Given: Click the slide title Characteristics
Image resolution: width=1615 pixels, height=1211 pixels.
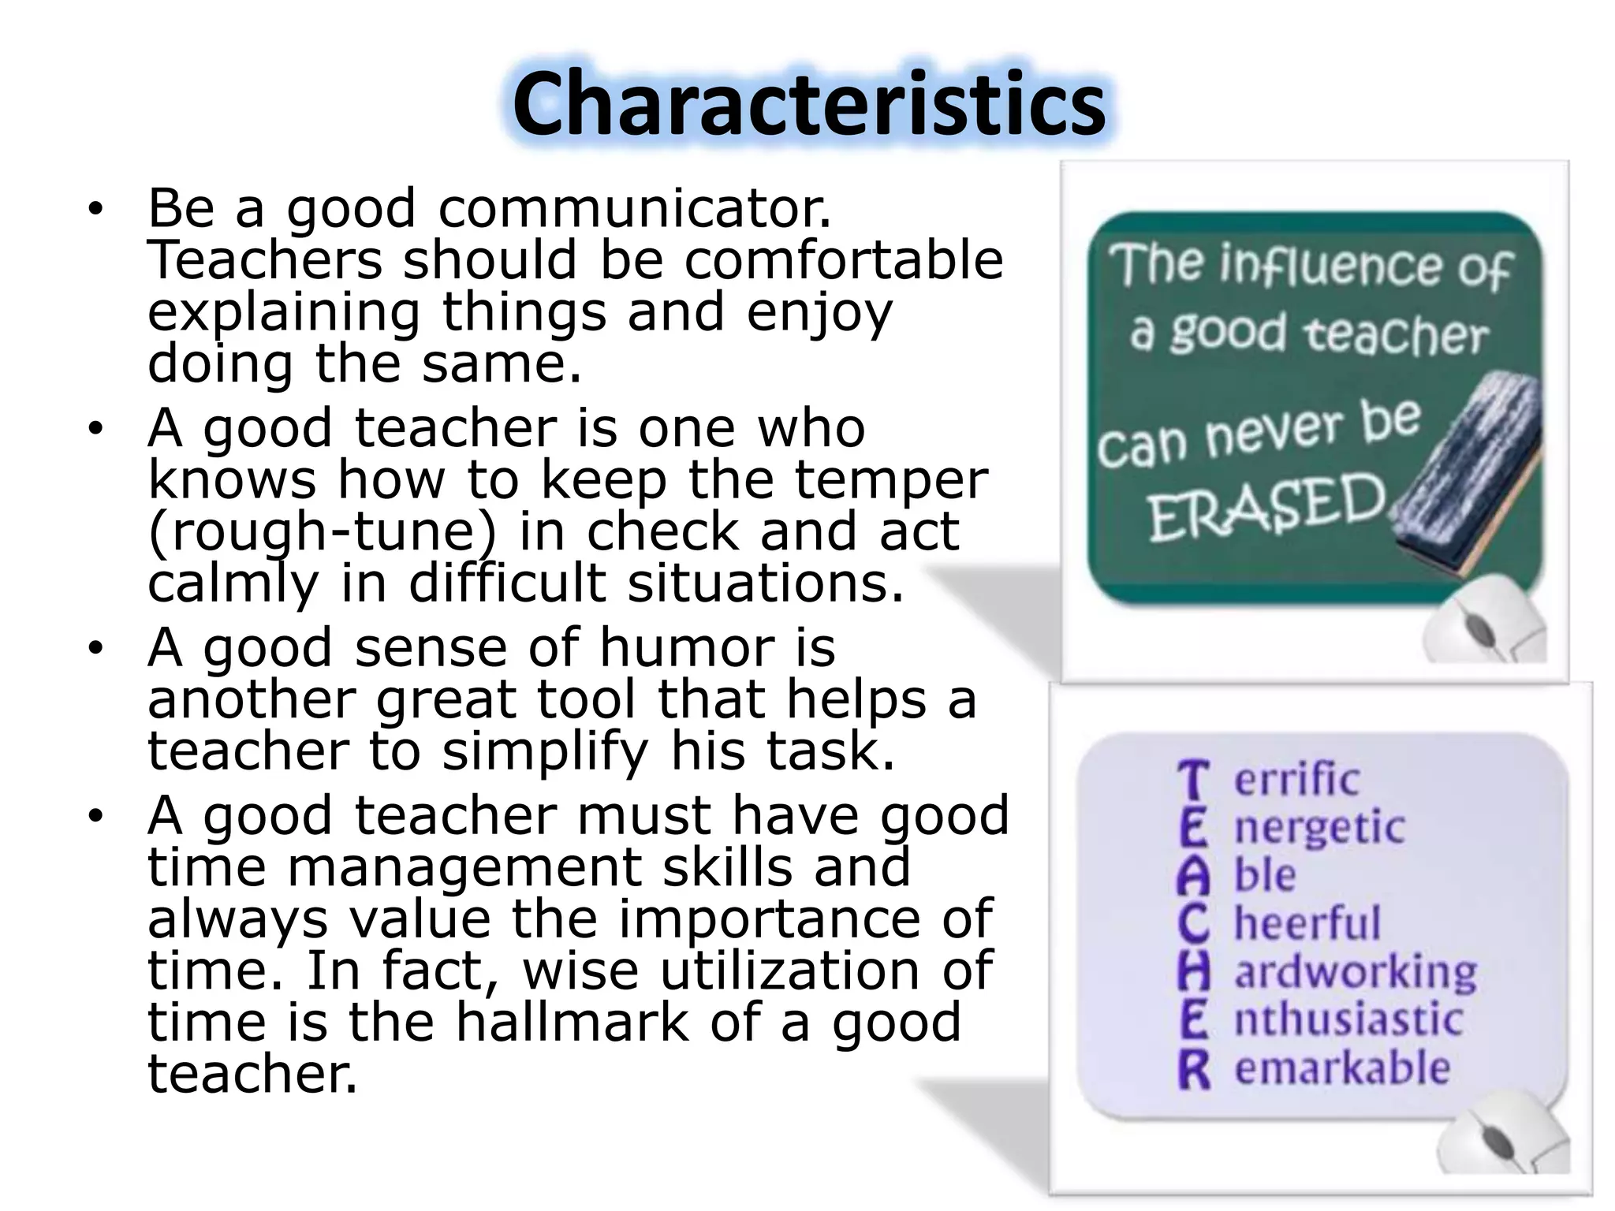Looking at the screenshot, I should pos(808,104).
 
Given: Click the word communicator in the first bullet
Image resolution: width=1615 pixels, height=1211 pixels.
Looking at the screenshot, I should pos(635,209).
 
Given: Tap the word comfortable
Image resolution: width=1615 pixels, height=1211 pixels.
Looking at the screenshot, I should pos(844,260).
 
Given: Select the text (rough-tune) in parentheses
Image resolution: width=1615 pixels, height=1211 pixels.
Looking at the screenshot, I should pos(322,532).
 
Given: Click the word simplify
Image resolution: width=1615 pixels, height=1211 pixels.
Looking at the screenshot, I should pos(545,751).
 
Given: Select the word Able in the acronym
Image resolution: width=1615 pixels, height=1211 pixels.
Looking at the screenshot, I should pos(1238,875).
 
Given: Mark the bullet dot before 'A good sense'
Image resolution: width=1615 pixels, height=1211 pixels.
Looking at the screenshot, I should pos(95,649).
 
